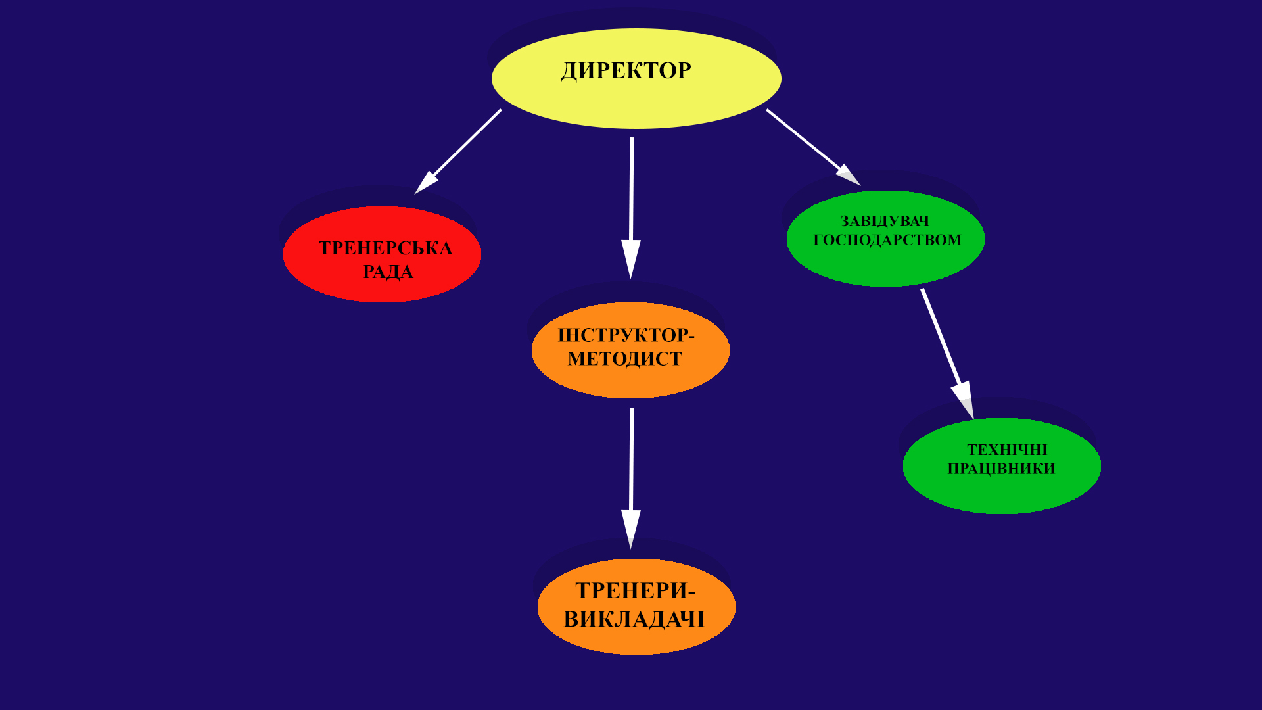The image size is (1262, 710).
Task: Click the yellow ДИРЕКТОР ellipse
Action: tap(636, 99)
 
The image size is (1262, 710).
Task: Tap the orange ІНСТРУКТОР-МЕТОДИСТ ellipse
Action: tap(630, 378)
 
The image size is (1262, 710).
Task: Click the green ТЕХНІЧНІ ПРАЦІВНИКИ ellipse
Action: tap(1002, 493)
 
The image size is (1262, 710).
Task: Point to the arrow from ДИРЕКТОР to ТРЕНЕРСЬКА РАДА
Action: tap(460, 150)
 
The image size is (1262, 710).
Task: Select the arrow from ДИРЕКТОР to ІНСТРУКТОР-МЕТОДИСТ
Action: tap(632, 204)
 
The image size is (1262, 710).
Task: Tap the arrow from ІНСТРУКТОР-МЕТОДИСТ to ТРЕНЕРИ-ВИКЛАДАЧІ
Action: tap(632, 473)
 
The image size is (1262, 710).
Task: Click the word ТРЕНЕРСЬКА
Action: tap(385, 248)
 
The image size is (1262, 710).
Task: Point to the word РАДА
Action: tap(388, 272)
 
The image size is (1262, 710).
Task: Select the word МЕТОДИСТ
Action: tap(624, 359)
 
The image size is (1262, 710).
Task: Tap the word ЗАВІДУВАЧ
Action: tap(885, 222)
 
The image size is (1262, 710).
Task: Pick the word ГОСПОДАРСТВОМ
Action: tap(887, 240)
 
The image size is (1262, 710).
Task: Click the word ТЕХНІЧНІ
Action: tap(1006, 450)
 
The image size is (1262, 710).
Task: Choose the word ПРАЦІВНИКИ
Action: tap(1001, 469)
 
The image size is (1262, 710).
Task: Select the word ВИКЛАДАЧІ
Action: tap(634, 619)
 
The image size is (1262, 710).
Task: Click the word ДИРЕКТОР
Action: tap(626, 71)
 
